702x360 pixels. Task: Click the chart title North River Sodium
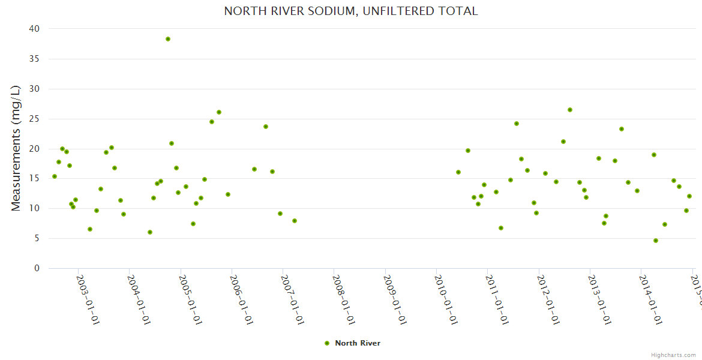click(x=350, y=11)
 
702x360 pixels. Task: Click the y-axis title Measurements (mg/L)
click(x=16, y=148)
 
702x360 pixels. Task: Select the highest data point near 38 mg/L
click(x=168, y=39)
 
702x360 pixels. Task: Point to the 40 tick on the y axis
click(x=34, y=29)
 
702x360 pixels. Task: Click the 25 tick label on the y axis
click(x=34, y=119)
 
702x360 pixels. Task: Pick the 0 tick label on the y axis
click(x=37, y=268)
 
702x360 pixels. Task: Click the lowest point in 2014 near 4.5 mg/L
click(x=656, y=241)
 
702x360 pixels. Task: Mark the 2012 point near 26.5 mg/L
click(x=570, y=110)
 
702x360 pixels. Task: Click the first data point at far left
click(x=55, y=176)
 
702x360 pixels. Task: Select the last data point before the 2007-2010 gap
click(x=295, y=221)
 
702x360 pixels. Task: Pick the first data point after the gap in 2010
click(x=458, y=172)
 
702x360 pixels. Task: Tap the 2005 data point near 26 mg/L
click(x=219, y=112)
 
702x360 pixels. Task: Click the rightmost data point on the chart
click(x=689, y=196)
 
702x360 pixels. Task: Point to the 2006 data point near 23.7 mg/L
click(x=266, y=127)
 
